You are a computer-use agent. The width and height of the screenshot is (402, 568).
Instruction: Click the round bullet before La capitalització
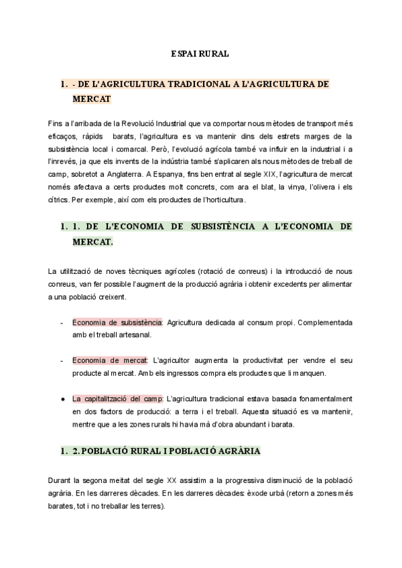pyautogui.click(x=62, y=399)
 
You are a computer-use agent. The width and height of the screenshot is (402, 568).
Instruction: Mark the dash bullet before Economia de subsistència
pyautogui.click(x=62, y=322)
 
